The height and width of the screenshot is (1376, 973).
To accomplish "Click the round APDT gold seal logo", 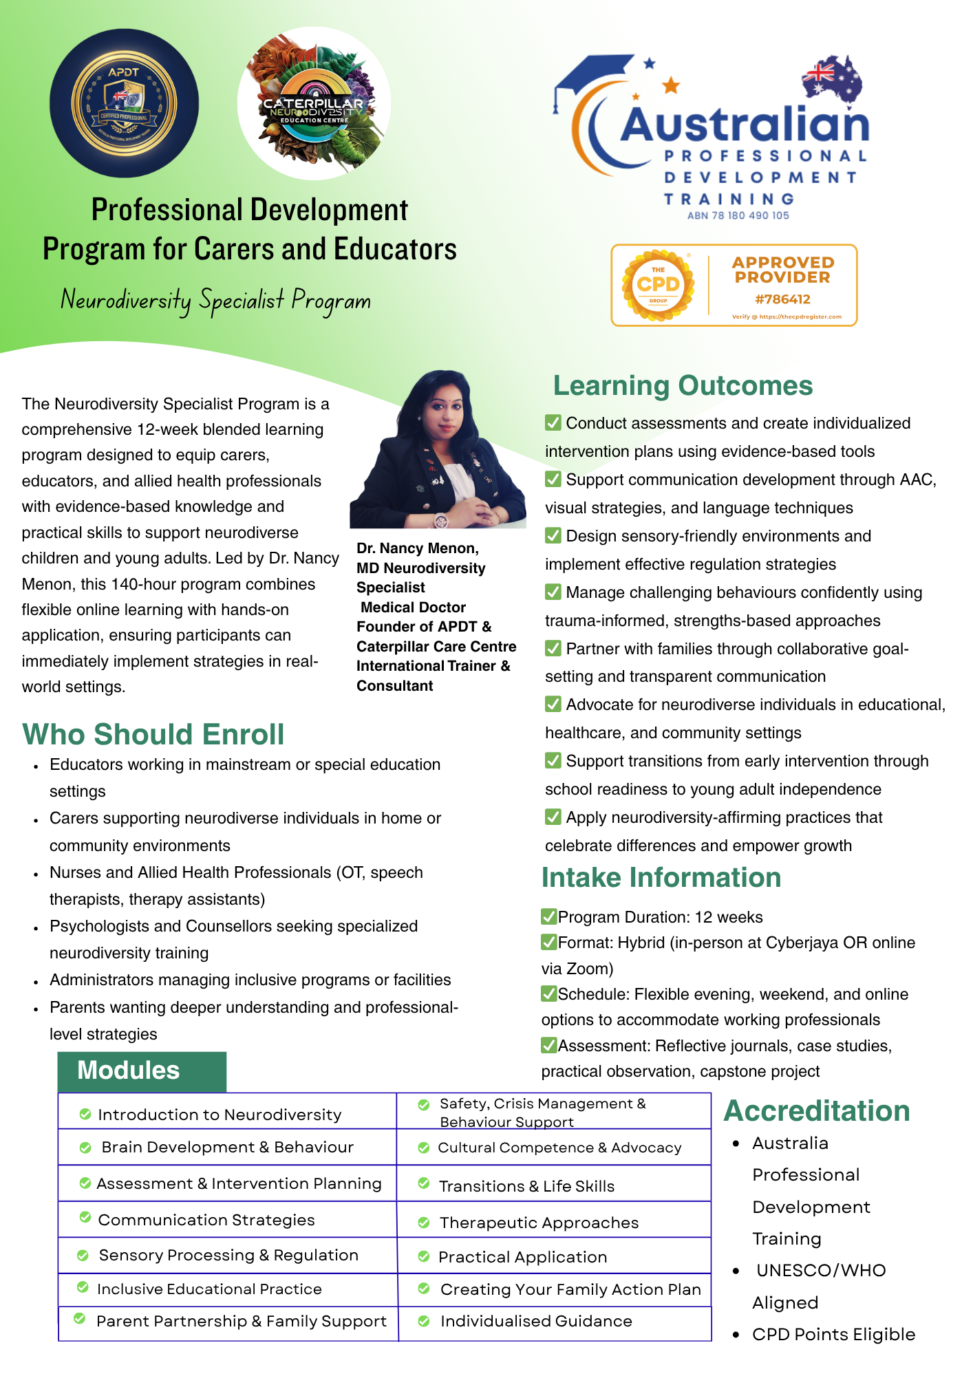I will pyautogui.click(x=124, y=103).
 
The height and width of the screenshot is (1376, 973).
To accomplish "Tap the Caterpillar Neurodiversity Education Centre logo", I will pyautogui.click(x=314, y=103).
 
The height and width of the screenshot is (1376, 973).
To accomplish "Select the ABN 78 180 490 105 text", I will pyautogui.click(x=738, y=215).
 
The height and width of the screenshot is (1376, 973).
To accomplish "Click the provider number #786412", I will pyautogui.click(x=782, y=299).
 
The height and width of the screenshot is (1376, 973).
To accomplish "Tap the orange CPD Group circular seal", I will pyautogui.click(x=658, y=285).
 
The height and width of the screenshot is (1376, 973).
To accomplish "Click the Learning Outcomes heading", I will pyautogui.click(x=683, y=386).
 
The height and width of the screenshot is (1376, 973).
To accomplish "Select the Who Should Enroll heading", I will pyautogui.click(x=153, y=734).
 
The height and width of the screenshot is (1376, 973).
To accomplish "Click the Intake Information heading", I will pyautogui.click(x=661, y=878).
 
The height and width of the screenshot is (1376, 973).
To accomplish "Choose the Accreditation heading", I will pyautogui.click(x=817, y=1111).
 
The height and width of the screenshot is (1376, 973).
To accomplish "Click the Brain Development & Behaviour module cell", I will pyautogui.click(x=227, y=1148).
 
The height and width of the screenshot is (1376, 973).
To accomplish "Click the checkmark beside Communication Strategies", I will pyautogui.click(x=85, y=1218).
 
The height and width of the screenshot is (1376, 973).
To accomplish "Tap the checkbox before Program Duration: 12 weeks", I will pyautogui.click(x=548, y=916).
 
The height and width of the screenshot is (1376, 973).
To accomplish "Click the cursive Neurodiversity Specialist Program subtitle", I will pyautogui.click(x=215, y=300).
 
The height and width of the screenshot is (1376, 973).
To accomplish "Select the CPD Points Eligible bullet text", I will pyautogui.click(x=833, y=1335).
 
